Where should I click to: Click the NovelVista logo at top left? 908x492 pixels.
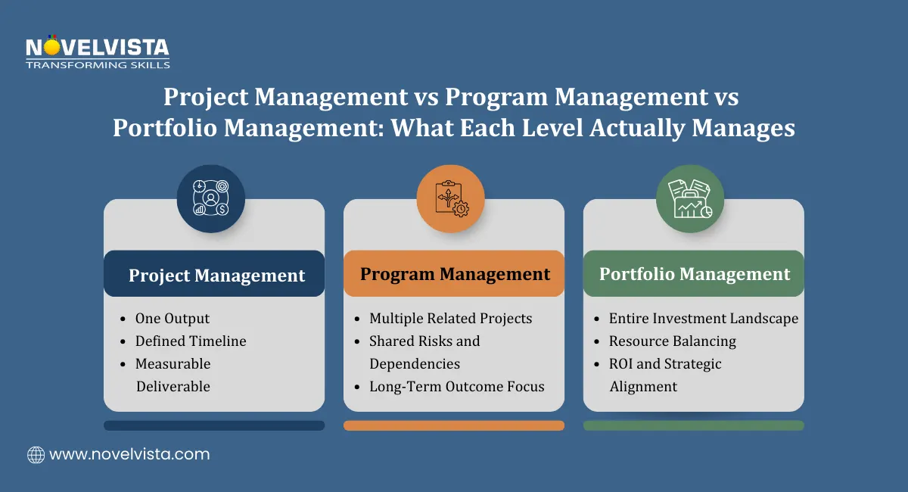coord(97,53)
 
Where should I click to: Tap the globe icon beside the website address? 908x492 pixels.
coord(36,455)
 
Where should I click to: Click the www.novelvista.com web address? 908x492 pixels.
coord(129,455)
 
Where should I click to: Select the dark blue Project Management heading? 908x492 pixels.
coord(215,275)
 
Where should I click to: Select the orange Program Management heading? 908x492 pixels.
coord(454,274)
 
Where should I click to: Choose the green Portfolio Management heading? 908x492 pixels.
coord(694,274)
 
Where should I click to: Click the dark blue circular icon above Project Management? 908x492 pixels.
coord(211,199)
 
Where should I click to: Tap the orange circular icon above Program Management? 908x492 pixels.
coord(450,198)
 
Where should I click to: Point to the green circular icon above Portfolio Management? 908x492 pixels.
coord(689,198)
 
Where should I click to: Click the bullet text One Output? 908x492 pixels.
coord(172,319)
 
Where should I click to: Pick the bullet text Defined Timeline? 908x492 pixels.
coord(191,341)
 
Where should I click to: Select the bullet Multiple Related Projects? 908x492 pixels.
coord(450,319)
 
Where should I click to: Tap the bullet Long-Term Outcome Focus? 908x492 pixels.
coord(456,386)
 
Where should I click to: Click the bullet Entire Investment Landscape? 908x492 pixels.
coord(704,319)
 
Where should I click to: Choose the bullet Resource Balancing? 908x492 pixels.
coord(673,341)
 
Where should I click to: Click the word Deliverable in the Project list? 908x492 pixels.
coord(173,386)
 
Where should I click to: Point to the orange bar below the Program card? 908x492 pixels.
coord(454,425)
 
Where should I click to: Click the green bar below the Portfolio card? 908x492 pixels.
coord(693,425)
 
